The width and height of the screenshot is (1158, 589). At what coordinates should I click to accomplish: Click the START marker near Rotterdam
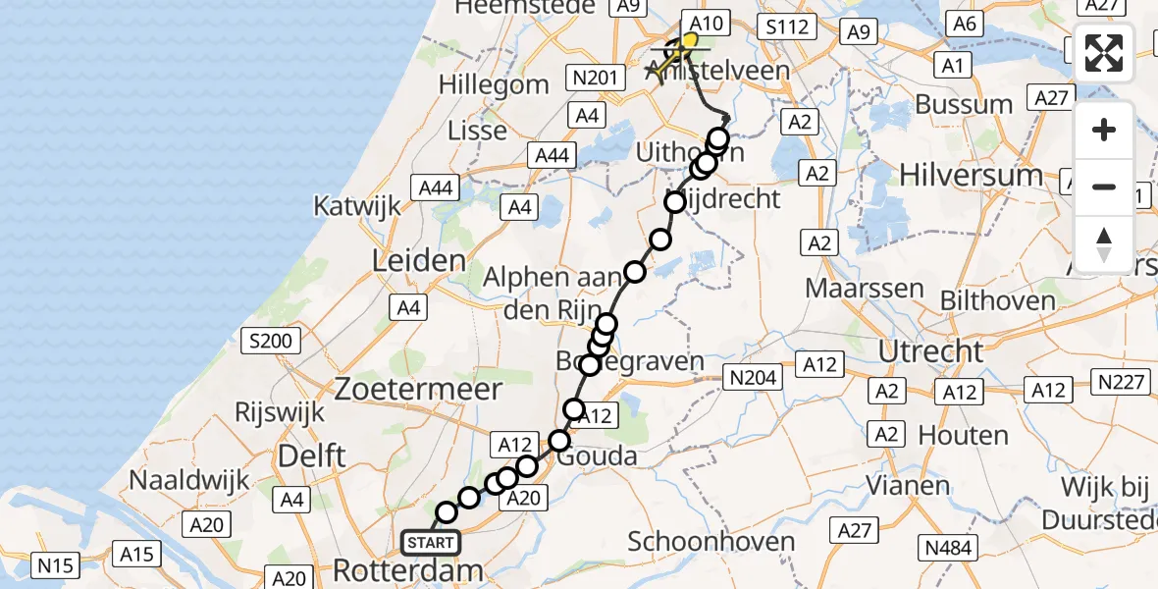(430, 543)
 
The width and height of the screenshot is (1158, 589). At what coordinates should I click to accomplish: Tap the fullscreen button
(1104, 53)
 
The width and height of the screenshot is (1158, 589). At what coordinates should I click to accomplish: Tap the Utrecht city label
(930, 351)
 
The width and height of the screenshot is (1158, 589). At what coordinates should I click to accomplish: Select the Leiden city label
(418, 261)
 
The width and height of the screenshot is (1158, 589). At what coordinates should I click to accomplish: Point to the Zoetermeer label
(418, 389)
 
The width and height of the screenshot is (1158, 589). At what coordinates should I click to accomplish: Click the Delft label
(312, 455)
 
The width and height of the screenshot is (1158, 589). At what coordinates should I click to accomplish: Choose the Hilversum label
(957, 175)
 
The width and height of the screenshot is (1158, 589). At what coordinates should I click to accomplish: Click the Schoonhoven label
(697, 542)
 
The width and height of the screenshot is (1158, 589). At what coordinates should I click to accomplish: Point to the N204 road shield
(752, 377)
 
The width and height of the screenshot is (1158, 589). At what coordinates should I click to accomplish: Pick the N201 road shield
(593, 78)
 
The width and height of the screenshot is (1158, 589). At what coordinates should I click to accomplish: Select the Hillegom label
(494, 84)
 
